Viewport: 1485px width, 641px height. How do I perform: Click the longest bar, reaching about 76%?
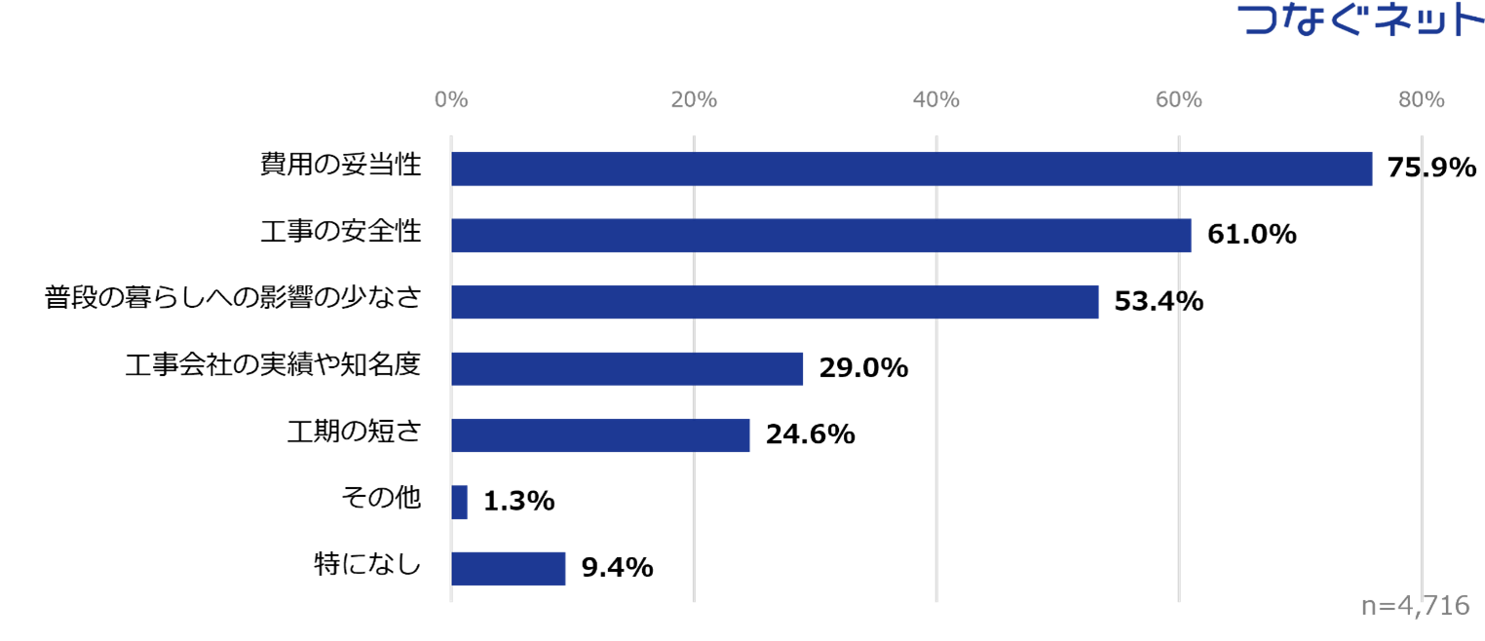click(911, 169)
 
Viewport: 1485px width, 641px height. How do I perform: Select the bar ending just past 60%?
click(820, 235)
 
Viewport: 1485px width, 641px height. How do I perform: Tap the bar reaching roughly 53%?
click(775, 302)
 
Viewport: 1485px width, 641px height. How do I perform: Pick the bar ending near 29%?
click(627, 369)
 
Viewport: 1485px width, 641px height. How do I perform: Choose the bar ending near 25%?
click(600, 435)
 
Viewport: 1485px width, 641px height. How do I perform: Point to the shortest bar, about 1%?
click(459, 502)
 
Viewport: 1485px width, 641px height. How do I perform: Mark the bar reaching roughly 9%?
click(508, 569)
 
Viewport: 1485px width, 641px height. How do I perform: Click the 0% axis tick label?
click(451, 99)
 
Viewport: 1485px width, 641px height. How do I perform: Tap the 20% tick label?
click(694, 99)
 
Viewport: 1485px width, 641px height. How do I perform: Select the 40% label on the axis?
click(936, 99)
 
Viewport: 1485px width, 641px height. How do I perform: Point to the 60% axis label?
click(1179, 99)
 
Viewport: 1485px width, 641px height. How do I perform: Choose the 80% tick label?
click(1421, 99)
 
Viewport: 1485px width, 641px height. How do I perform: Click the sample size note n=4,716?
click(1415, 606)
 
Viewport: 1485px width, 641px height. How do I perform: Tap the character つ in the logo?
click(1264, 20)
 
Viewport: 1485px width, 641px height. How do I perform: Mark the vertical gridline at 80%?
click(1422, 390)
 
